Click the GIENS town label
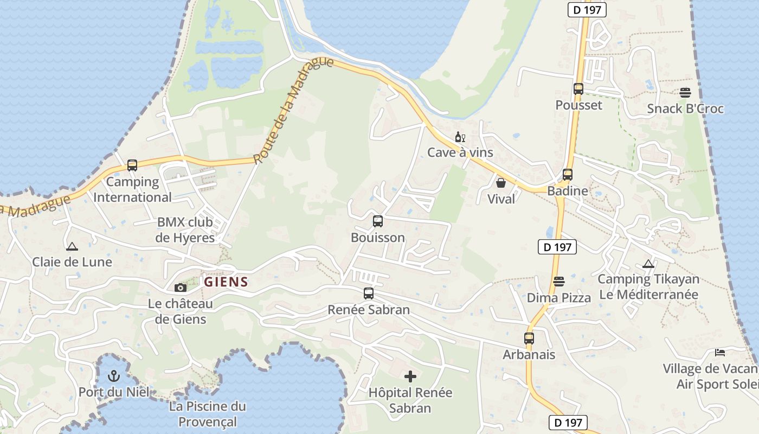point(226,282)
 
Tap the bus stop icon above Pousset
point(578,89)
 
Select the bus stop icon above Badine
point(568,175)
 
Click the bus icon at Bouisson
point(378,221)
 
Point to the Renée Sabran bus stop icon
point(369,293)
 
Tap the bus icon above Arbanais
point(529,339)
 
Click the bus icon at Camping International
point(132,165)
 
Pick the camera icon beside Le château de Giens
point(181,288)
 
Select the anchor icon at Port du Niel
point(114,375)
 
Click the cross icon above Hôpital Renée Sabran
point(410,375)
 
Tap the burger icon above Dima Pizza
point(559,282)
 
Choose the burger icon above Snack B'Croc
point(685,93)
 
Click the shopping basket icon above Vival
point(501,183)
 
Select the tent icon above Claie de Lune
point(72,247)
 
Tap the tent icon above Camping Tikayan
point(648,264)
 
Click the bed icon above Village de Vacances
point(720,353)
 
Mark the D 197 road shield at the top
point(587,9)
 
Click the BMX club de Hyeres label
point(185,230)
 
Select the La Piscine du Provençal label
point(208,414)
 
